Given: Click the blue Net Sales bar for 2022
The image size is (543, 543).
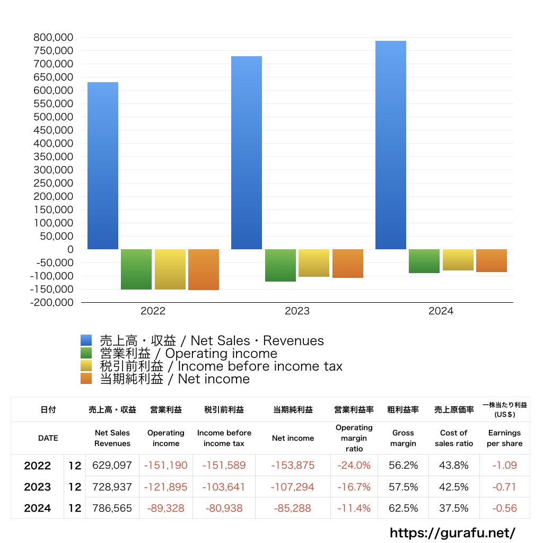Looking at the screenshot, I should (x=103, y=165).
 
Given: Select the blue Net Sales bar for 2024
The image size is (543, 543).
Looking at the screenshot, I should (x=391, y=145).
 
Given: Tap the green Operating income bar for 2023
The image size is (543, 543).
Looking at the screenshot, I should (x=281, y=265).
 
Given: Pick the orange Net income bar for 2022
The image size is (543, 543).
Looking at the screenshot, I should (x=204, y=269).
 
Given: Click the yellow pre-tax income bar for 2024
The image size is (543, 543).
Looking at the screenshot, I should (x=458, y=260).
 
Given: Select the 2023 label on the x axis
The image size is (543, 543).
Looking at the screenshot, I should (x=297, y=311).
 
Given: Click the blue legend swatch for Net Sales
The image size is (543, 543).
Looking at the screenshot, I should (x=86, y=340).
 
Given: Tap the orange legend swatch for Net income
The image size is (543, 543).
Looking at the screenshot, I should (x=86, y=379).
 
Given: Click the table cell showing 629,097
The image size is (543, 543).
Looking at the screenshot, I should (x=112, y=466).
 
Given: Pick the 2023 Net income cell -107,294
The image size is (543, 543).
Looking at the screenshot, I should (x=293, y=487).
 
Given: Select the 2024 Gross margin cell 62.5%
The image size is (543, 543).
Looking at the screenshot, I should (x=403, y=508).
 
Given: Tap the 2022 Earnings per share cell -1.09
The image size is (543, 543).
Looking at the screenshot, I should (x=504, y=466).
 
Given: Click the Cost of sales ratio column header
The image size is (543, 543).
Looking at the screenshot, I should (x=454, y=438).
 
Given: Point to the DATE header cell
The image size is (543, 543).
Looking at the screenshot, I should (x=48, y=438).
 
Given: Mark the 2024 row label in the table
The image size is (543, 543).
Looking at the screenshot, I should (x=38, y=508).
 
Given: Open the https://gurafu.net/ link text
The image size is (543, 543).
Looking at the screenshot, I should (x=452, y=533).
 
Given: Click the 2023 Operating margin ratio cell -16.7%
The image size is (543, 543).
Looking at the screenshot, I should (x=354, y=487).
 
